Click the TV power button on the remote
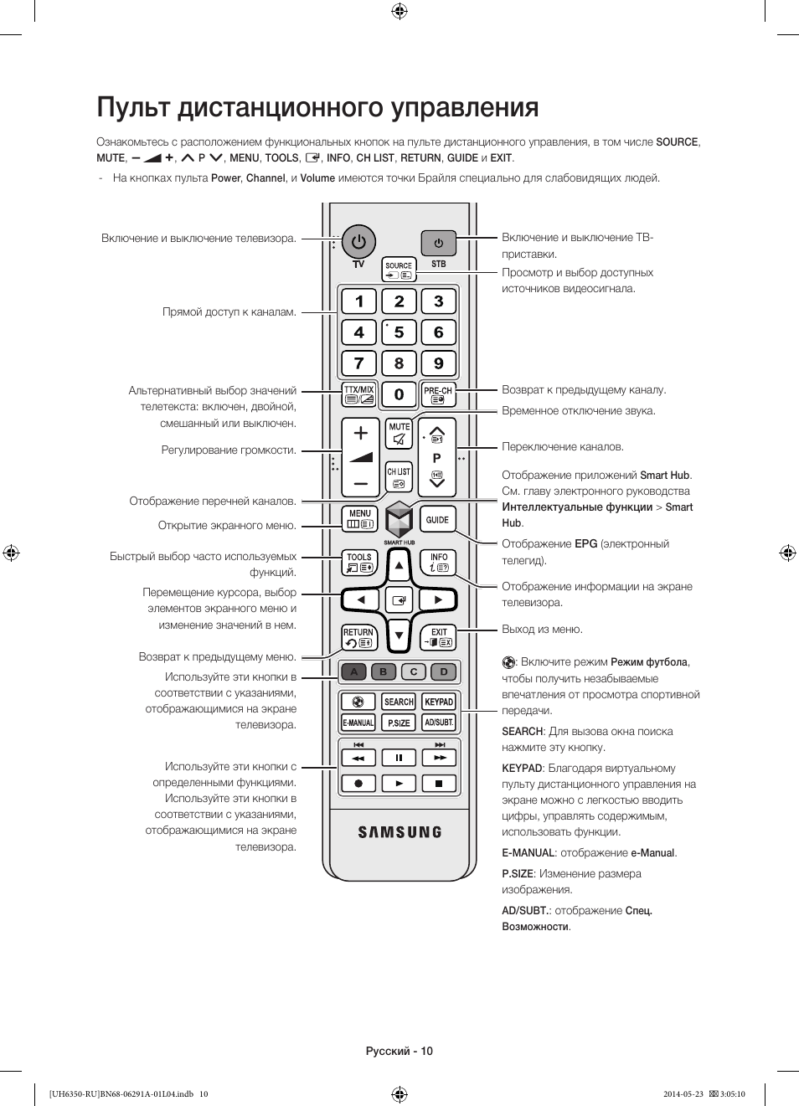pos(358,242)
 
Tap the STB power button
pos(438,244)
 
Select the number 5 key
pos(399,332)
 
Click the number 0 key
pos(399,394)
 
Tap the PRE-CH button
pos(438,394)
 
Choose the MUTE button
pos(399,434)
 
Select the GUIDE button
pos(437,520)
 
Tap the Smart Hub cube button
pos(399,521)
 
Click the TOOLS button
pos(359,563)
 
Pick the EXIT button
pos(438,638)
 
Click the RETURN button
pos(359,638)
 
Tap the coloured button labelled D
pos(444,671)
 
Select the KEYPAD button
pos(438,702)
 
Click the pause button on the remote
pos(399,758)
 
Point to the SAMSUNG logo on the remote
pos(399,832)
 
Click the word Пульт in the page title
pos(134,108)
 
